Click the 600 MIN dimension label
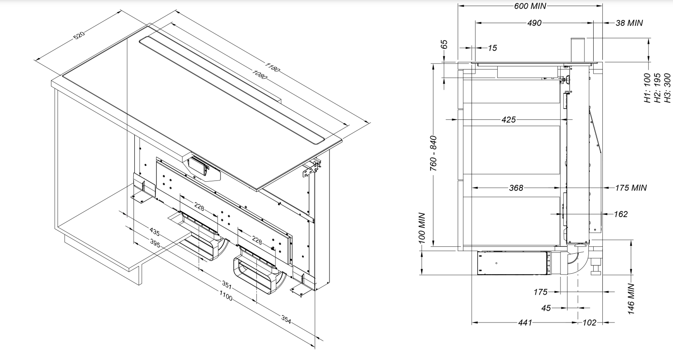[530, 6]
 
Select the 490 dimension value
[534, 23]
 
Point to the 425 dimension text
[508, 119]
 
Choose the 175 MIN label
[630, 188]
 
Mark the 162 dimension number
[620, 214]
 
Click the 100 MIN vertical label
[422, 228]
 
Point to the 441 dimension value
[525, 323]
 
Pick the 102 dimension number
[589, 323]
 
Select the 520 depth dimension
[79, 35]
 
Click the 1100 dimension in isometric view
[226, 298]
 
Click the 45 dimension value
[546, 308]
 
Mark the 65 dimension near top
[444, 45]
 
